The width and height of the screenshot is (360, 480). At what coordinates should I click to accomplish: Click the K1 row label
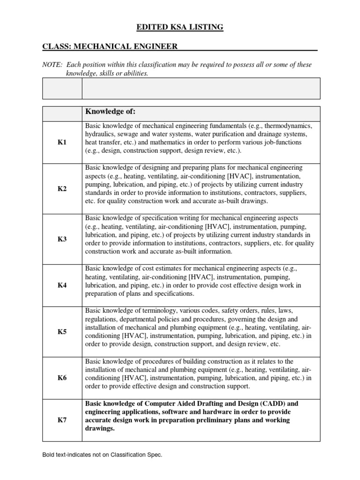coord(62,142)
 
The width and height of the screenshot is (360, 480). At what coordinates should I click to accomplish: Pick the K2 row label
coord(62,188)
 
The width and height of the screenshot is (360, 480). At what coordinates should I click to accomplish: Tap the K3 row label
coord(62,239)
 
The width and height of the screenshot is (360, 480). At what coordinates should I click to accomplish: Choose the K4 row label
coord(62,285)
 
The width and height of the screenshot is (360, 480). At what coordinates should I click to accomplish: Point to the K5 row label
coord(62,331)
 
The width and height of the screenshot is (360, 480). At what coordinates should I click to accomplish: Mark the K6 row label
coord(62,378)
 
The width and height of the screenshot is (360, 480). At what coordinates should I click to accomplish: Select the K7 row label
coord(62,420)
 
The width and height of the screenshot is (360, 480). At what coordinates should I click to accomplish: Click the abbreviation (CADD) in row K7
coord(268,403)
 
